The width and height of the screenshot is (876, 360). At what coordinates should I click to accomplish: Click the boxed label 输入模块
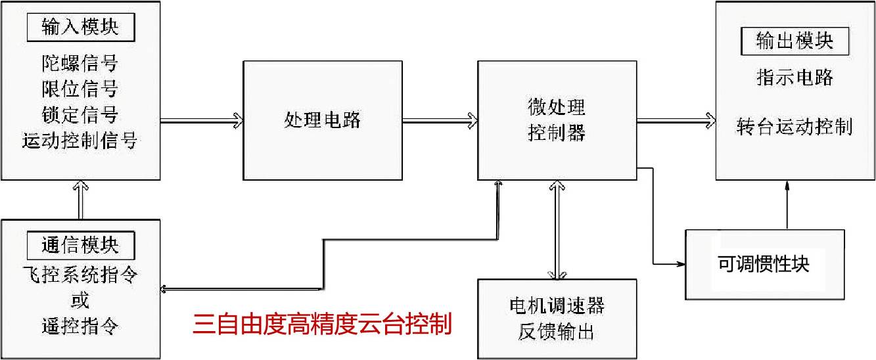(80, 28)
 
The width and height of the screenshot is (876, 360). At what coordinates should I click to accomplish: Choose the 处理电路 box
(323, 120)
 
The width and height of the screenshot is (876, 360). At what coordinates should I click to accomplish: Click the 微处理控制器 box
(557, 120)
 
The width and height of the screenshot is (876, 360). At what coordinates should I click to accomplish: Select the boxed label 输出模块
(795, 41)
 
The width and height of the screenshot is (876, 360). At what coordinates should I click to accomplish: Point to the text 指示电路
(795, 78)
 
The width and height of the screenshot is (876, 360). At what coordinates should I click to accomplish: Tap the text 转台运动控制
(795, 126)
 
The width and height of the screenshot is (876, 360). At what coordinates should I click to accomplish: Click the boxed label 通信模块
(80, 245)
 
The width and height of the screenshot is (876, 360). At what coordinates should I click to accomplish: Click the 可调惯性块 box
(764, 264)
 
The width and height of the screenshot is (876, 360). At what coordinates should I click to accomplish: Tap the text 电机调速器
(557, 305)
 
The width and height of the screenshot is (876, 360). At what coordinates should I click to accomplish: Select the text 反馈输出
(557, 332)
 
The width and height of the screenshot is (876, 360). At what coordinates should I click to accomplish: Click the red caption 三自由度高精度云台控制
(322, 325)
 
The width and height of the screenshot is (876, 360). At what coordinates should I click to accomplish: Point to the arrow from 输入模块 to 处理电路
(201, 120)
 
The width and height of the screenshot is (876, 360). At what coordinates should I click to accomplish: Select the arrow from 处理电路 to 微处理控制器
(440, 120)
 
